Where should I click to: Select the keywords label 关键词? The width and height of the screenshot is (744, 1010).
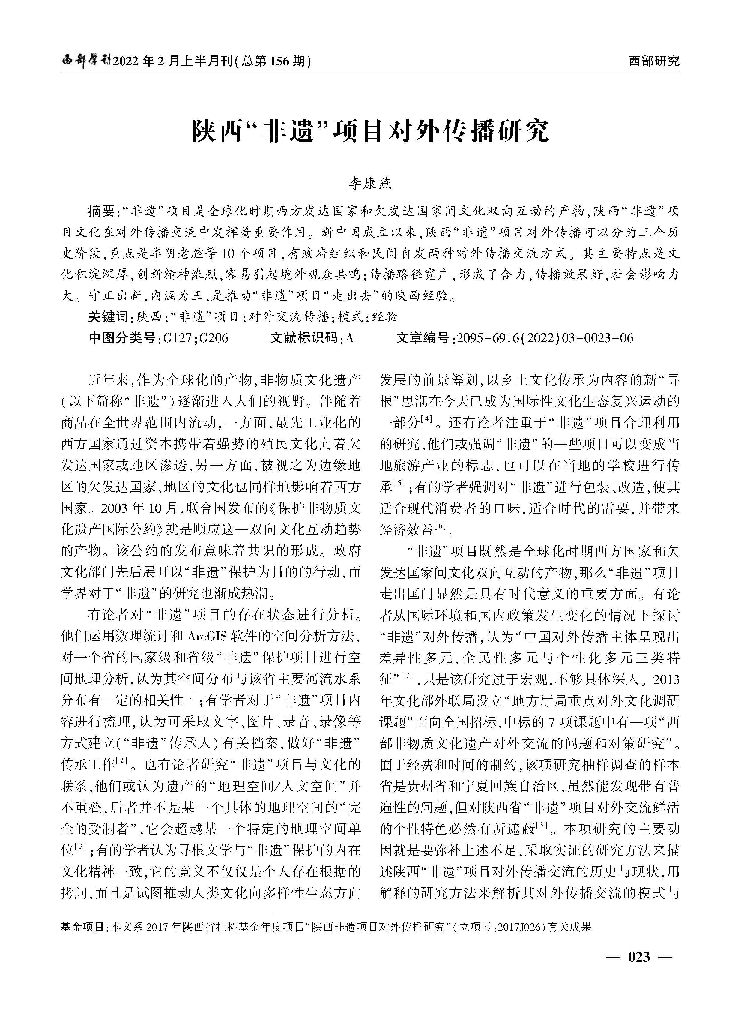[x=108, y=317]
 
